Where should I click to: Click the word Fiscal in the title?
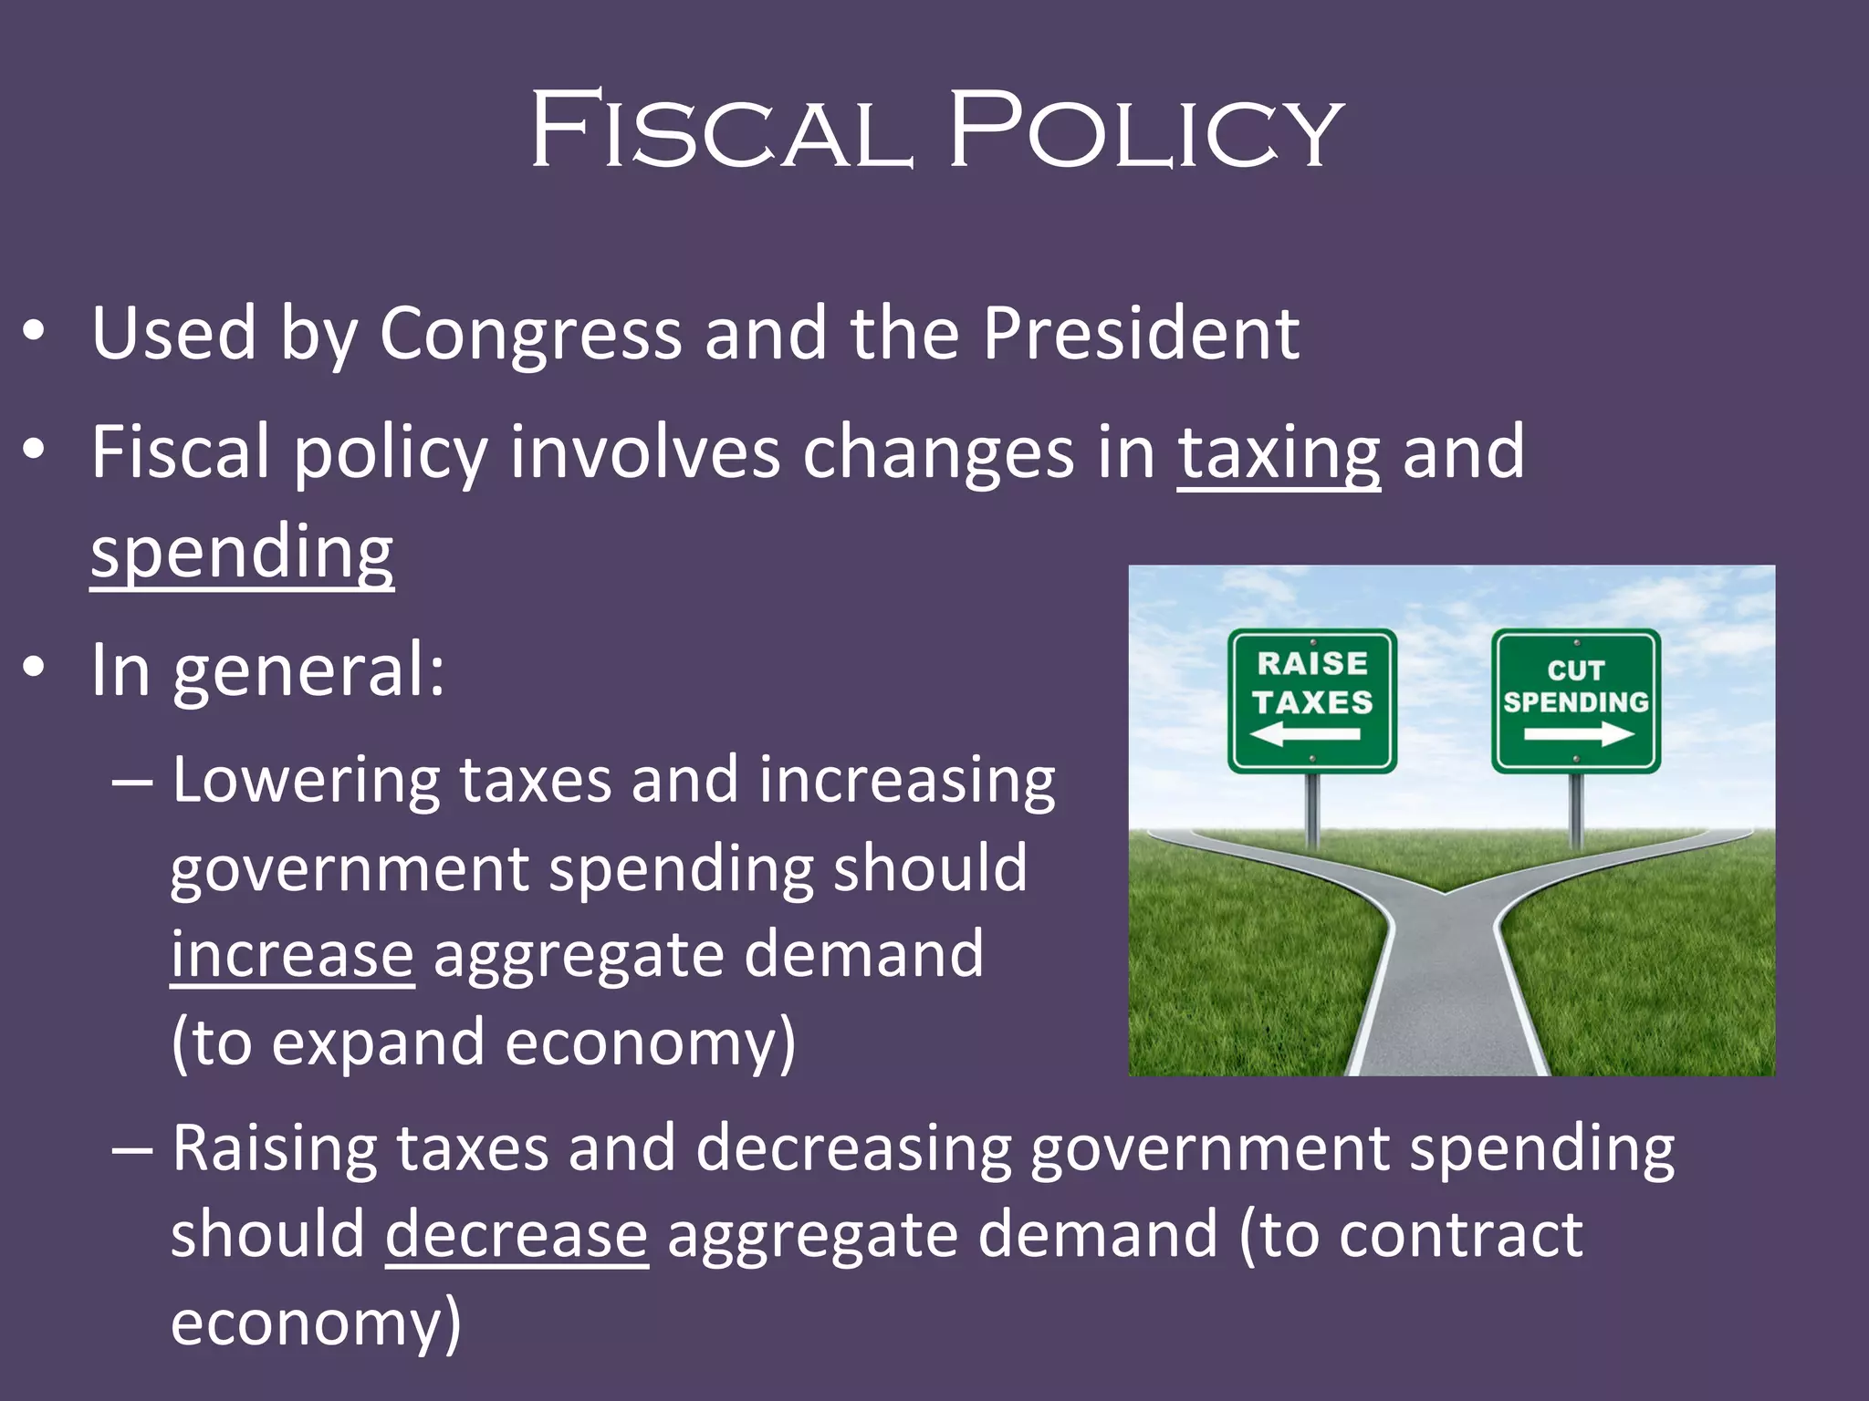(x=721, y=130)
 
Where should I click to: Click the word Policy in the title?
(x=1145, y=130)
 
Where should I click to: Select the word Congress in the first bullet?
(x=530, y=334)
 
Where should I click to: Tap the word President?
(x=1141, y=334)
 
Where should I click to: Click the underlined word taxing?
(x=1278, y=453)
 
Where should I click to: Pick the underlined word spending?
(x=242, y=553)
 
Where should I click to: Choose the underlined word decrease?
(x=517, y=1235)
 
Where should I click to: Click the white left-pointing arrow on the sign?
(x=1305, y=733)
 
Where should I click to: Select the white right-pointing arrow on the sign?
(x=1579, y=733)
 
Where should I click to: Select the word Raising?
(x=274, y=1148)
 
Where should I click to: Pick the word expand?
(x=378, y=1043)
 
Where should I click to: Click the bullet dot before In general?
(x=34, y=668)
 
